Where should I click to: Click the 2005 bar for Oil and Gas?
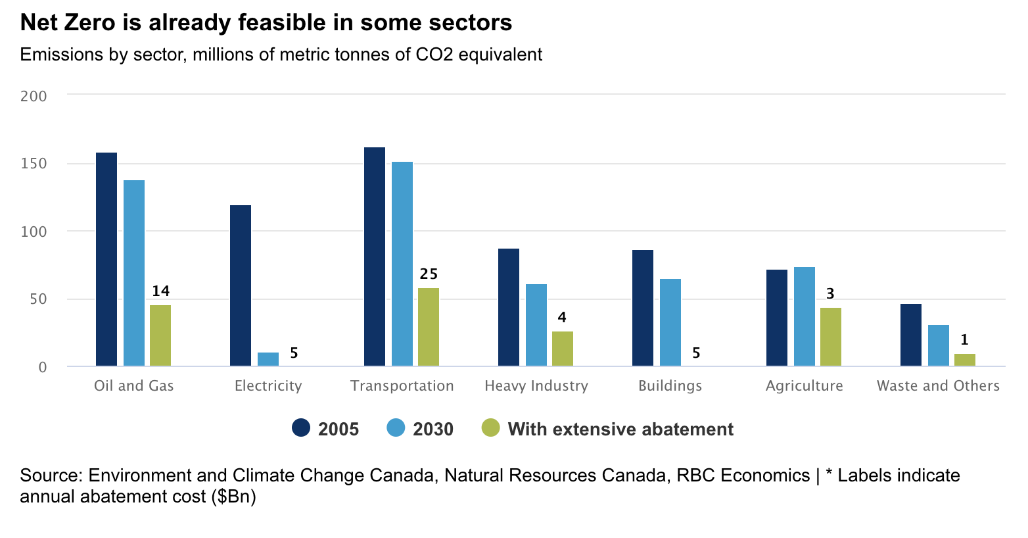coord(106,259)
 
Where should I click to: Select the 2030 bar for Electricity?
coord(268,359)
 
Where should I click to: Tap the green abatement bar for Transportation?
coord(429,327)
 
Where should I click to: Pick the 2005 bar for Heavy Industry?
coord(509,307)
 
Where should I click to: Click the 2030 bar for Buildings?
coord(670,322)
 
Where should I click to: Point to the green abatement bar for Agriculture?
coord(830,337)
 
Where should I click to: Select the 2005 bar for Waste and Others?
coord(910,335)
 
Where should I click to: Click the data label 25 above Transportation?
coord(429,274)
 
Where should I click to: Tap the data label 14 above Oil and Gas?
coord(160,291)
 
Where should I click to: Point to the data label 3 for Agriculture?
coord(830,294)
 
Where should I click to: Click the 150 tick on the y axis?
coord(34,164)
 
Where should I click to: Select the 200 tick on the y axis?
coord(34,96)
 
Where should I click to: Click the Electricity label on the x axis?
coord(268,386)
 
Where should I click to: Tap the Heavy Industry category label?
coord(536,386)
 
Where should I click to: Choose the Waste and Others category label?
coord(938,386)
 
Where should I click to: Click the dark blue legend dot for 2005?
coord(301,428)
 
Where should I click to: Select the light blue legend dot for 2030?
coord(396,428)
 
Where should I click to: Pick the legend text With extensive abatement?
coord(620,429)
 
